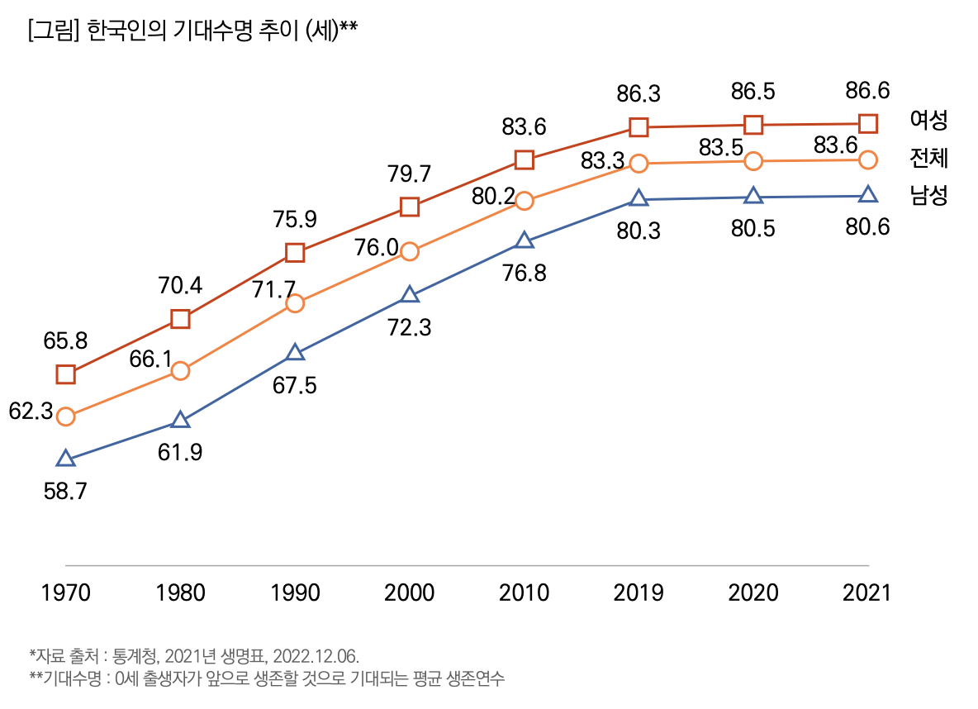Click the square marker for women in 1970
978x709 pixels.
66,374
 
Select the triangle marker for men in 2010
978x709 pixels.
524,241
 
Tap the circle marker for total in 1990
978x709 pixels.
295,303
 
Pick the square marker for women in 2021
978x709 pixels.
867,123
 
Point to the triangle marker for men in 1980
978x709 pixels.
180,421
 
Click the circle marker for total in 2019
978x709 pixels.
638,163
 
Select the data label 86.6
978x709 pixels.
867,90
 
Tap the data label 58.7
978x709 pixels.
65,491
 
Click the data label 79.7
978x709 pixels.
409,174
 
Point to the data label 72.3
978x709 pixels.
409,328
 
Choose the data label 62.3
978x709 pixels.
31,411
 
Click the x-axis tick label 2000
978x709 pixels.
409,592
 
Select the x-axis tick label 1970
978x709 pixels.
66,592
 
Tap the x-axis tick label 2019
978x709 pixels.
638,592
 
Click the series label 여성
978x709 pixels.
928,120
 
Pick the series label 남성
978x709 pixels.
928,195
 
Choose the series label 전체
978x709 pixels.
928,157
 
